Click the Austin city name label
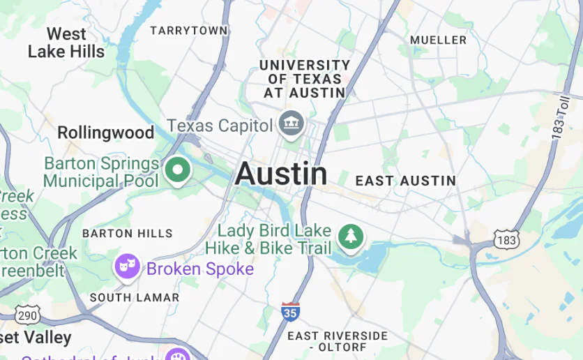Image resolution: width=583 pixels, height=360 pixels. click(281, 174)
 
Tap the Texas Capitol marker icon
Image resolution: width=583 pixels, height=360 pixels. click(290, 124)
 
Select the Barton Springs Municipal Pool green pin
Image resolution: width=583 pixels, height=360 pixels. click(177, 170)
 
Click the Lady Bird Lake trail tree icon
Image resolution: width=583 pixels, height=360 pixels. click(351, 237)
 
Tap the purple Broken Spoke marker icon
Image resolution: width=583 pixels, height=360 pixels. click(127, 266)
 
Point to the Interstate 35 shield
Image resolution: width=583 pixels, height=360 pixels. click(291, 311)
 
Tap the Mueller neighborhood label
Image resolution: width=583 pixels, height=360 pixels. click(438, 40)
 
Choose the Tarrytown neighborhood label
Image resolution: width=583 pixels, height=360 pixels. click(189, 31)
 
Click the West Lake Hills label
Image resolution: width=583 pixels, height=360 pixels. click(66, 43)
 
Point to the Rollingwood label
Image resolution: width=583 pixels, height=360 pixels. click(105, 133)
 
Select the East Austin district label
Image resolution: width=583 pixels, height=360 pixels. click(405, 181)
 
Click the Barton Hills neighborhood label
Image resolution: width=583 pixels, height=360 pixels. click(127, 233)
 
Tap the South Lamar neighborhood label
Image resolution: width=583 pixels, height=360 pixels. click(135, 297)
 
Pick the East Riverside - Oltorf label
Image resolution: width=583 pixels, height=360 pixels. click(338, 341)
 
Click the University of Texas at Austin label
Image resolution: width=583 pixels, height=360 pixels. click(305, 78)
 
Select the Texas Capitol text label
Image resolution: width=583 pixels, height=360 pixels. click(220, 126)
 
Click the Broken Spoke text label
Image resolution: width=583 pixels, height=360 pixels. click(200, 269)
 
